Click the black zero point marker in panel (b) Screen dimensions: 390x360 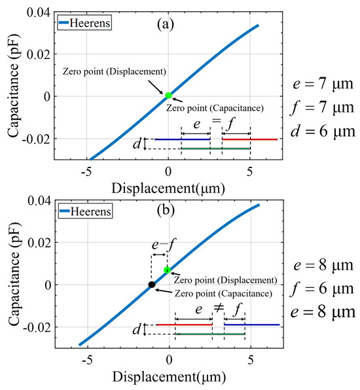[x=151, y=285]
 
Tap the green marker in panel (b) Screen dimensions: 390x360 [x=167, y=270]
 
